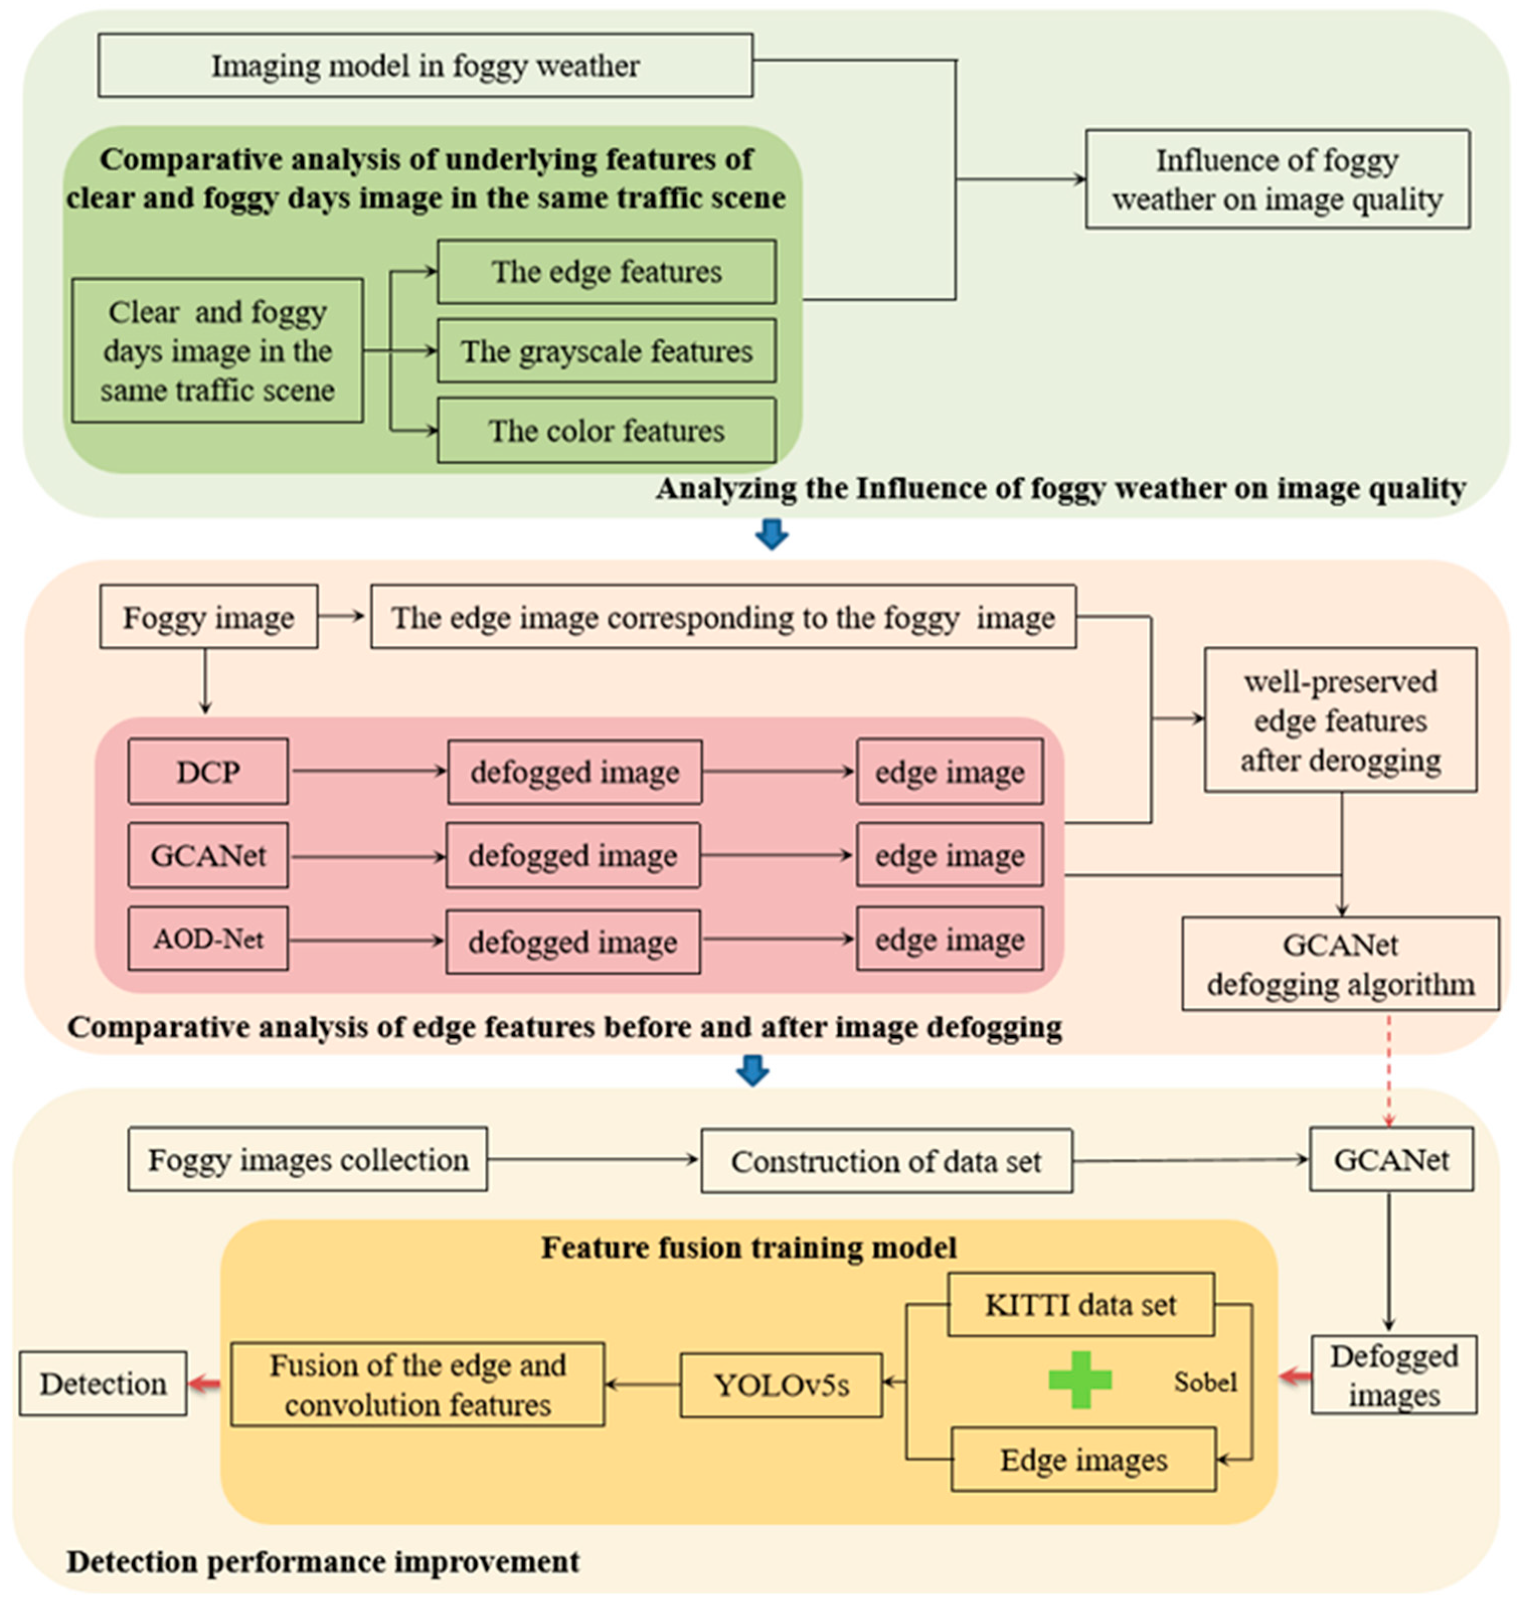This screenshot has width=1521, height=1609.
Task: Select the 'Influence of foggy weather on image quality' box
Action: pyautogui.click(x=1278, y=179)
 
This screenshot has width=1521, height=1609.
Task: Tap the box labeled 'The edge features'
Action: pyautogui.click(x=607, y=272)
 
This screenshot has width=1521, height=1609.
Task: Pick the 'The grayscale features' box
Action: pyautogui.click(x=607, y=351)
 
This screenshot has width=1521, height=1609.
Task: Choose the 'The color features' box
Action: pyautogui.click(x=607, y=431)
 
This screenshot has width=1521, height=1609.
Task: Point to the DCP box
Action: pyautogui.click(x=208, y=772)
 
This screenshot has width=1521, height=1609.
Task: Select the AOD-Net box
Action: pyautogui.click(x=208, y=939)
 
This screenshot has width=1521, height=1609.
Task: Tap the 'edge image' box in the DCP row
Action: pyautogui.click(x=950, y=772)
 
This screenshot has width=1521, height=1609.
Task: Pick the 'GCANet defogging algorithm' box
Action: pyautogui.click(x=1341, y=964)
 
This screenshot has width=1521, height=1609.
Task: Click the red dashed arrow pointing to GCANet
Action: pyautogui.click(x=1390, y=1070)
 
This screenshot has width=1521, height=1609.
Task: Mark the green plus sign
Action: pyautogui.click(x=1080, y=1380)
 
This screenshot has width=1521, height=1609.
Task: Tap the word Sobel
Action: pyautogui.click(x=1206, y=1382)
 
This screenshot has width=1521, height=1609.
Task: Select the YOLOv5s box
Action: pyautogui.click(x=782, y=1385)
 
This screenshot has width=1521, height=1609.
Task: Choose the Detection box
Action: pyautogui.click(x=104, y=1384)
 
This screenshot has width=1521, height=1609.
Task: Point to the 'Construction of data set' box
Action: pyautogui.click(x=887, y=1161)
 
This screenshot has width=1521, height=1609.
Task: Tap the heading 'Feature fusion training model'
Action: pyautogui.click(x=749, y=1247)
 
